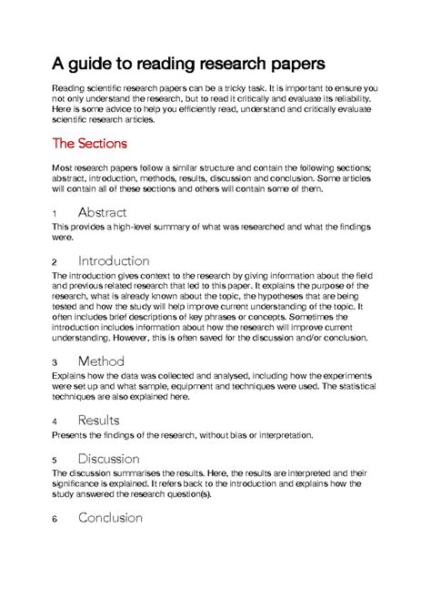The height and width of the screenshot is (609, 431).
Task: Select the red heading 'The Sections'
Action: click(x=89, y=143)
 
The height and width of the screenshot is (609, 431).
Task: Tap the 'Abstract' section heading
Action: click(x=109, y=211)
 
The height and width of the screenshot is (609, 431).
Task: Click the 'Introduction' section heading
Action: click(x=114, y=260)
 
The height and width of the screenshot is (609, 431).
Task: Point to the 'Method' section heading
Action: click(x=101, y=360)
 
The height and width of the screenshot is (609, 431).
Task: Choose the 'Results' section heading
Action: click(x=98, y=421)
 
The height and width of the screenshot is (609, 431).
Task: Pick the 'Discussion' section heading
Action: click(x=109, y=459)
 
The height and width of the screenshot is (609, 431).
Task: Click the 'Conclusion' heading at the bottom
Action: click(x=110, y=518)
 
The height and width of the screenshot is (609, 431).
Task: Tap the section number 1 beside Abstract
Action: click(x=55, y=213)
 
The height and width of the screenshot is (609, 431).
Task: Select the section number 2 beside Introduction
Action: click(x=55, y=262)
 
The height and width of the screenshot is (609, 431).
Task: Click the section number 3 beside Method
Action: click(x=55, y=362)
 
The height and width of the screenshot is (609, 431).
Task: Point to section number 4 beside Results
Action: click(x=55, y=422)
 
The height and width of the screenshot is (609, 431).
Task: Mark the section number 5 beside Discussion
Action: click(x=55, y=461)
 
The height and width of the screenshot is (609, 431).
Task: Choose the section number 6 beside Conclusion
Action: click(x=55, y=520)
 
